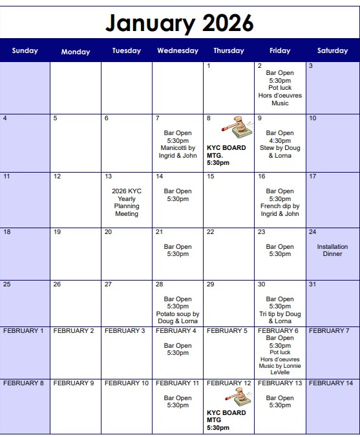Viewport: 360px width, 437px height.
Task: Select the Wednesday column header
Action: (x=178, y=50)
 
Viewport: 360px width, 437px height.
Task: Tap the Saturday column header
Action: (x=333, y=50)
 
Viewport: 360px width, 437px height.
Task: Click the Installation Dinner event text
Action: (x=332, y=250)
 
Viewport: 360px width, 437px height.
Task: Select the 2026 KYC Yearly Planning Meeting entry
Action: (x=127, y=202)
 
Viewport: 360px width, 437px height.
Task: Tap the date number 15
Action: (x=211, y=176)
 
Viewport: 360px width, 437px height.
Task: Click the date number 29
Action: (x=211, y=284)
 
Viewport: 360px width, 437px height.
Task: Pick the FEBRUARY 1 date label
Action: (x=24, y=331)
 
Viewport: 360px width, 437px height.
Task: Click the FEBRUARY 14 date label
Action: (x=331, y=383)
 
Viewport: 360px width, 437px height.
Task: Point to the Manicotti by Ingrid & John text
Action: (x=178, y=152)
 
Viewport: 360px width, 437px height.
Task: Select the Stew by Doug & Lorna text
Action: (x=280, y=152)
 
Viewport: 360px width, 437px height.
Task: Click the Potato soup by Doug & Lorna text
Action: (x=178, y=317)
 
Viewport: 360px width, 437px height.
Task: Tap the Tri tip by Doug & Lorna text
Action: (x=280, y=317)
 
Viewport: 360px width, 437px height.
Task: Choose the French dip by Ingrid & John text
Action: (x=280, y=210)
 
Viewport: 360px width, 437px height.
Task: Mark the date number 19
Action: (x=57, y=232)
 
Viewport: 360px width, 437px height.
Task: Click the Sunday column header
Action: (x=25, y=50)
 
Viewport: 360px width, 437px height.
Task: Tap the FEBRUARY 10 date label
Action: (x=127, y=383)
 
